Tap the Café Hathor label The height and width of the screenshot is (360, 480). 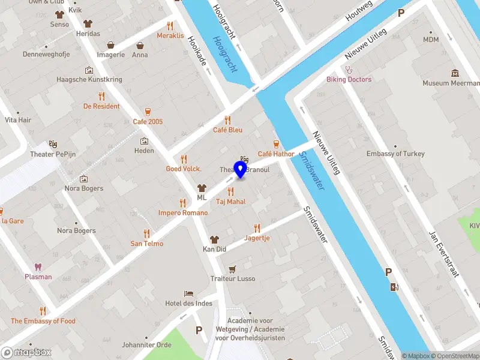click(276, 154)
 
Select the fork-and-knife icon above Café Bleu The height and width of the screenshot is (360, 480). click(227, 119)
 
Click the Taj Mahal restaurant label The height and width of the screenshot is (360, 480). click(230, 202)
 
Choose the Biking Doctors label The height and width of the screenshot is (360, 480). click(349, 79)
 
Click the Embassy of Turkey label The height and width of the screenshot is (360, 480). click(395, 154)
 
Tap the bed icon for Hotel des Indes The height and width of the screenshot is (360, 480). click(189, 293)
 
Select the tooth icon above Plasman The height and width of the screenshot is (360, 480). click(38, 266)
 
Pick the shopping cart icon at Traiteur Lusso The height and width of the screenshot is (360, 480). click(232, 269)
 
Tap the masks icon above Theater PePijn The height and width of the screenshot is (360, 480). click(53, 145)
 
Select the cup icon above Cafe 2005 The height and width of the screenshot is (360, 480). click(148, 112)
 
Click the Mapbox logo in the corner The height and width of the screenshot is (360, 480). click(26, 352)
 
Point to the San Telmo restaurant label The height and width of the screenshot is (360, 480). click(147, 244)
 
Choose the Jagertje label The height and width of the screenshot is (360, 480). click(257, 238)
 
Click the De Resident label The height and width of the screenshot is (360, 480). click(101, 106)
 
